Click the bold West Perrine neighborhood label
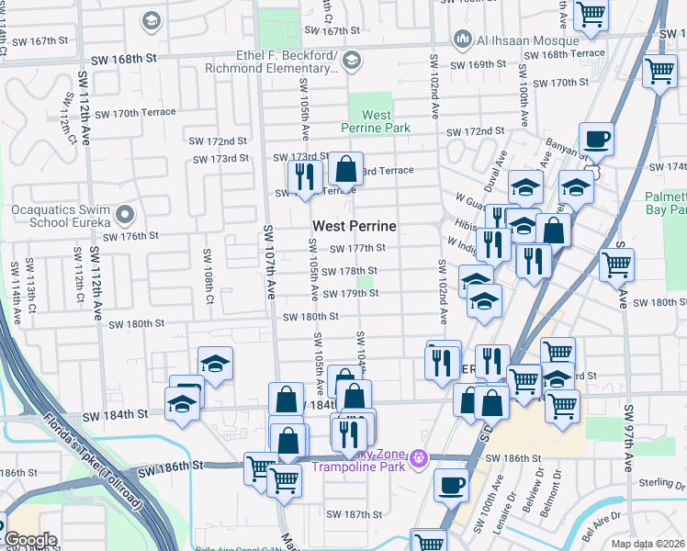pos(355,226)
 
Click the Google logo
pos(29,540)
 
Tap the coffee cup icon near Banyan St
pos(596,141)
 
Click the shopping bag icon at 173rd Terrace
pos(345,170)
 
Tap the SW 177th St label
pos(357,248)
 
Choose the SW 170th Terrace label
pos(130,113)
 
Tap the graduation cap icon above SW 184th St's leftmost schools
pos(215,364)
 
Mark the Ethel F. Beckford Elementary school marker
pos(350,61)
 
